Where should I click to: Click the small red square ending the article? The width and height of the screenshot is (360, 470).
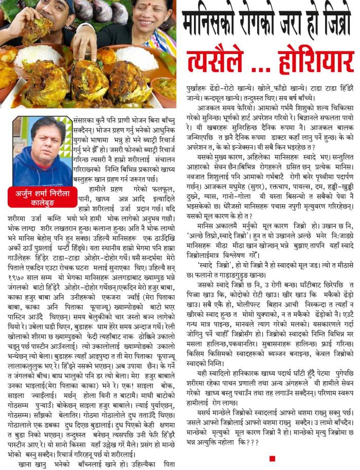272,458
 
